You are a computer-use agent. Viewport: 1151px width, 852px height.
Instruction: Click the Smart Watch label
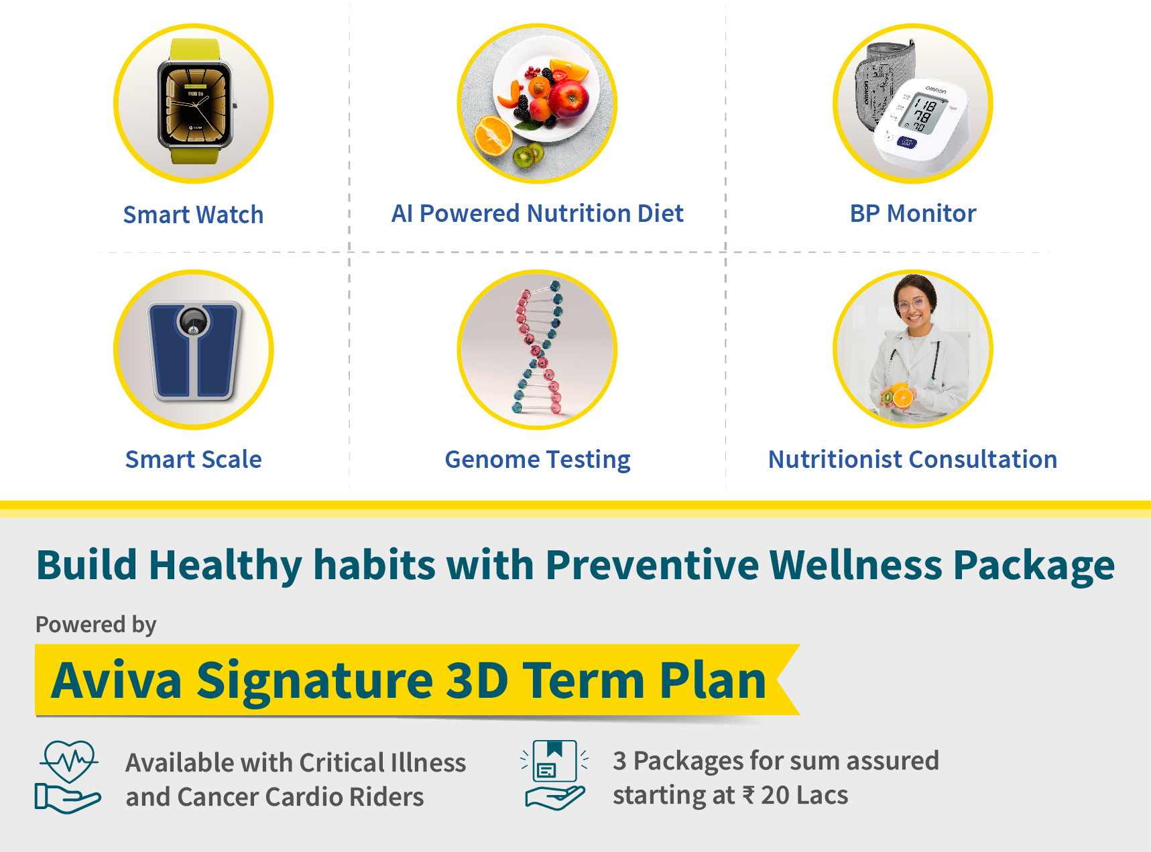(x=193, y=215)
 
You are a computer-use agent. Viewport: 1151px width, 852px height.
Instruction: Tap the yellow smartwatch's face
(x=194, y=105)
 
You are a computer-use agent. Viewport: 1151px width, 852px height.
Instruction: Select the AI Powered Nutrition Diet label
(x=537, y=213)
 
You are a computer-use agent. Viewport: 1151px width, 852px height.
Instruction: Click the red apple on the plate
(x=569, y=96)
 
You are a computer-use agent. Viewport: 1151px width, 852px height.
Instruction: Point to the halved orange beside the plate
(x=493, y=136)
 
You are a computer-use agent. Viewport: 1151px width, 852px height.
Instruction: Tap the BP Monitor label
(x=912, y=213)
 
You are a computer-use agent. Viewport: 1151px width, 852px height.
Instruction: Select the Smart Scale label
(x=193, y=459)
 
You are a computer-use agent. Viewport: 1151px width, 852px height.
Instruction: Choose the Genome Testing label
(x=537, y=460)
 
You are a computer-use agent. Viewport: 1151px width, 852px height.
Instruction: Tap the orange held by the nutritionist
(x=902, y=397)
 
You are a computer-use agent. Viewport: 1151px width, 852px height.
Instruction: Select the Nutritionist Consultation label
(x=912, y=459)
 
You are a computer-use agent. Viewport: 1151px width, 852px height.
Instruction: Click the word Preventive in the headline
(x=652, y=564)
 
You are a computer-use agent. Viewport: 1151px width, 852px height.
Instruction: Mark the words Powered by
(x=96, y=625)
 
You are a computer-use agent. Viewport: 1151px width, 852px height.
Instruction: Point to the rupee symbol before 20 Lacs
(x=749, y=796)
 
